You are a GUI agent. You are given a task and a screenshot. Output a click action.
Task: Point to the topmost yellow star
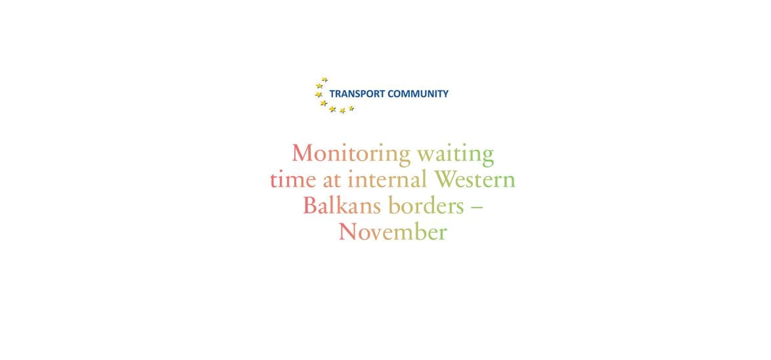click(x=324, y=79)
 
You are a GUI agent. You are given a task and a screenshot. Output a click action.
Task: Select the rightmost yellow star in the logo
click(x=351, y=108)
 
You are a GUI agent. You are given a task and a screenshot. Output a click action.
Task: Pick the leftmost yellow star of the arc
click(x=318, y=94)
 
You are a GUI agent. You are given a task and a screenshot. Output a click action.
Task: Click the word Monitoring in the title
click(x=351, y=154)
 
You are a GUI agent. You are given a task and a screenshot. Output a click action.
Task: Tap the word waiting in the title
click(x=455, y=154)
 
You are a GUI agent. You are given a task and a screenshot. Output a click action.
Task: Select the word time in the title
click(x=293, y=180)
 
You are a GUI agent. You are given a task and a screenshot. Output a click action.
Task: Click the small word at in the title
click(x=332, y=181)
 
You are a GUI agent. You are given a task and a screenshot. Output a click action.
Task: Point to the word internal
click(x=387, y=179)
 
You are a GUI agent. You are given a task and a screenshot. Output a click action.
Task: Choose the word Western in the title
click(x=475, y=180)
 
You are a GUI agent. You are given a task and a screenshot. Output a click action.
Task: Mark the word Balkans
click(x=341, y=206)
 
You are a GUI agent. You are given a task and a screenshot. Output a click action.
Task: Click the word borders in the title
click(x=426, y=206)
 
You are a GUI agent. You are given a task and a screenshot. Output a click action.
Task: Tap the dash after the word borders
click(x=477, y=208)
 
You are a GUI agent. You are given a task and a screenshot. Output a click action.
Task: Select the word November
click(x=392, y=232)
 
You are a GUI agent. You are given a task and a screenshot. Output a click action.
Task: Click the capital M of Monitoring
click(x=303, y=154)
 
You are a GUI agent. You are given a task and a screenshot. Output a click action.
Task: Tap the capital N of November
click(x=347, y=232)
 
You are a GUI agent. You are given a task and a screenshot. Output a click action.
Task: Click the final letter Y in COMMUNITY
click(x=445, y=93)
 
